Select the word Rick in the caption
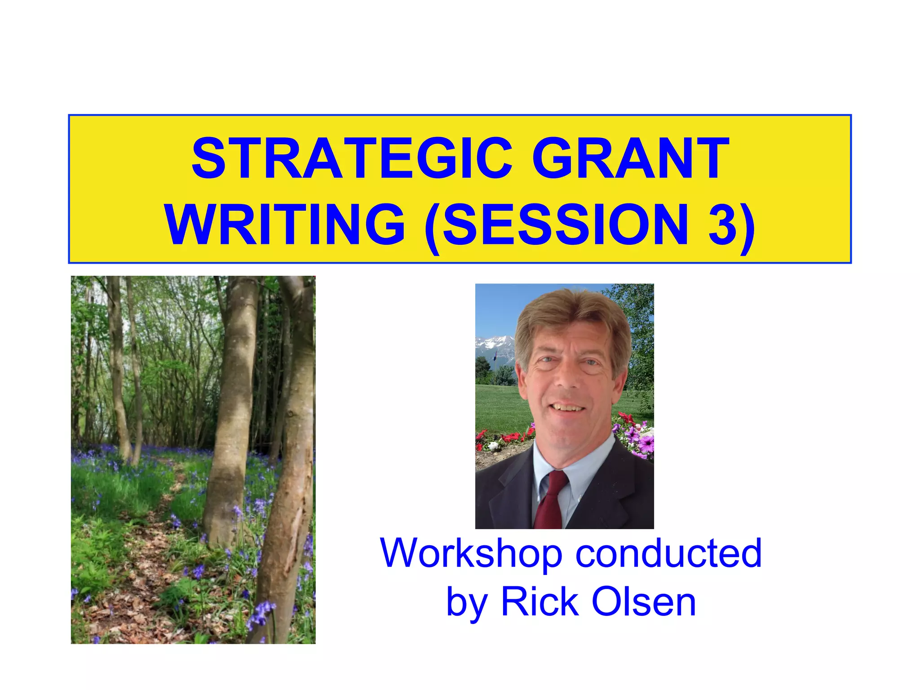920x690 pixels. tap(540, 602)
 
